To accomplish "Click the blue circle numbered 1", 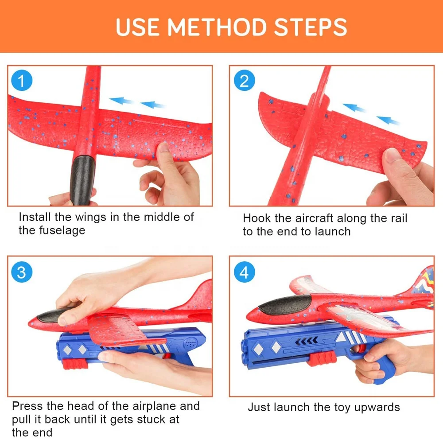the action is click(22, 81).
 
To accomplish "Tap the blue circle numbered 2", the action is click(245, 81).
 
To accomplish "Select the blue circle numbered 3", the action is click(22, 272).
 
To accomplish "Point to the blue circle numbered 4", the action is click(245, 272).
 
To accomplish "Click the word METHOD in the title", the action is click(217, 27).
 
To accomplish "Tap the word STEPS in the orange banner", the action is click(311, 27).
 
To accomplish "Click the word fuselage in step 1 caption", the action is click(62, 230).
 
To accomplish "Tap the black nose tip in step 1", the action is click(82, 180).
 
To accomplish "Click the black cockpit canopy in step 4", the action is click(284, 305).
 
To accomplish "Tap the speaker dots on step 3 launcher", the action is click(190, 344).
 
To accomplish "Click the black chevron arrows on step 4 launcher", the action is click(307, 341).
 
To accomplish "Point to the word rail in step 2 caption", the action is click(399, 218).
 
